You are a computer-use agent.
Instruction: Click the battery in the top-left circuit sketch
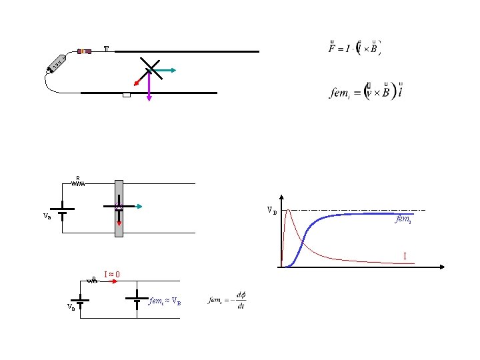point(55,63)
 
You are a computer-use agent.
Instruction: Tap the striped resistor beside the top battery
point(85,51)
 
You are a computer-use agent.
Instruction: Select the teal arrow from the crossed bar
point(166,69)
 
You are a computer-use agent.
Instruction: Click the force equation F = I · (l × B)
point(356,48)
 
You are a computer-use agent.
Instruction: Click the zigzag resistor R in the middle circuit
point(78,183)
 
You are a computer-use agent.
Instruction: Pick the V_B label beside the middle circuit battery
point(47,216)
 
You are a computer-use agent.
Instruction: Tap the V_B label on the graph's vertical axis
point(272,211)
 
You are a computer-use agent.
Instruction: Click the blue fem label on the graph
point(402,218)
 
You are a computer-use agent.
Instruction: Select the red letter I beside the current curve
point(403,256)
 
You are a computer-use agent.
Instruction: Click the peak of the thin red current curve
point(288,210)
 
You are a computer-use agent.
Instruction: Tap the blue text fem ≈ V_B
point(163,301)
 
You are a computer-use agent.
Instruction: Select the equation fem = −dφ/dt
point(227,302)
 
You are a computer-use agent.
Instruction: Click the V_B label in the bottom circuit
point(70,307)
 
